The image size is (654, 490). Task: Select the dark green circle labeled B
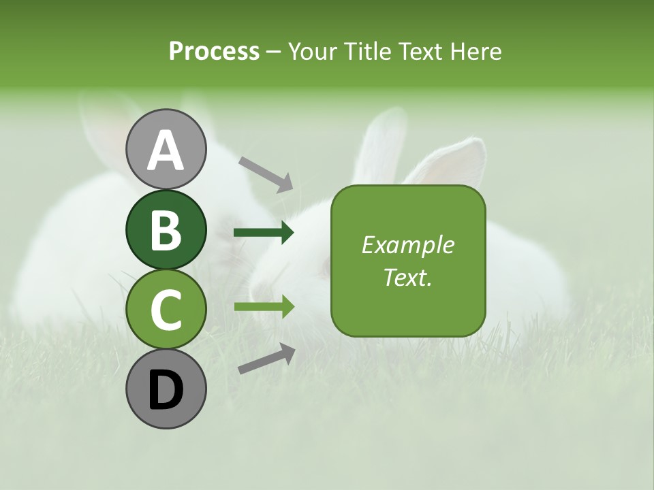point(166,230)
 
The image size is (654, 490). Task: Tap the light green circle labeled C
point(166,310)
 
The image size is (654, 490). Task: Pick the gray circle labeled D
point(166,389)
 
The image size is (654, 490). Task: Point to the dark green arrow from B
point(264,233)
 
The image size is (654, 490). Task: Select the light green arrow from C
point(264,307)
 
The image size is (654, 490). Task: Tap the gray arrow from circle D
point(266,359)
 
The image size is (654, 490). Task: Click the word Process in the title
point(214,52)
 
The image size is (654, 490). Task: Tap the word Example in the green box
point(407,245)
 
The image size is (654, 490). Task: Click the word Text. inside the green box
point(407,277)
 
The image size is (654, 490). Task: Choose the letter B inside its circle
point(166,230)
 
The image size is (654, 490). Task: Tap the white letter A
point(166,150)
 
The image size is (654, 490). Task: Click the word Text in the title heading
point(420,52)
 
